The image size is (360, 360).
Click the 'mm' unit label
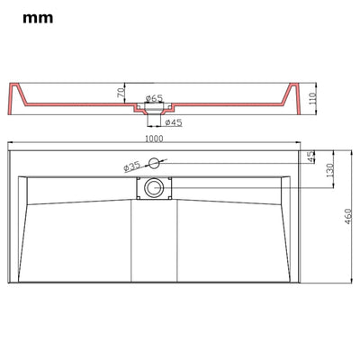coord(38,19)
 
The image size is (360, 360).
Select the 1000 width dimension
coord(154,139)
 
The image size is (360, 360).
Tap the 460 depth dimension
coord(348,216)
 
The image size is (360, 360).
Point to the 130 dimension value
coord(330,170)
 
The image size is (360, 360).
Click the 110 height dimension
coord(313,98)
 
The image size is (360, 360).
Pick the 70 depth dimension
coord(121,93)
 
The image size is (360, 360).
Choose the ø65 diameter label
coord(154,98)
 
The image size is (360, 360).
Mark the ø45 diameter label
coord(174,122)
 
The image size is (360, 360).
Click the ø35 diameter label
coord(132,166)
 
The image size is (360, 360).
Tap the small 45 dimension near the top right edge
coord(312,157)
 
